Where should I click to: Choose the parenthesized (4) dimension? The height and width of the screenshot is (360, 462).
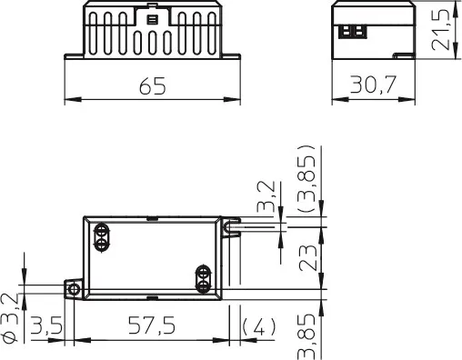(259, 325)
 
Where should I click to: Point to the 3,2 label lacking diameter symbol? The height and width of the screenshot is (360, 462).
(266, 196)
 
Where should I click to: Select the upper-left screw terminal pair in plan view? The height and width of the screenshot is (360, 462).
(102, 235)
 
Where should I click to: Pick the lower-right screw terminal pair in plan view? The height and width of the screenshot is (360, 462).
(205, 278)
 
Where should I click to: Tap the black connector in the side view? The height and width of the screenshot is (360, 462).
(350, 28)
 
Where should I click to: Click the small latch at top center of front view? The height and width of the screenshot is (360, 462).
(151, 17)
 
